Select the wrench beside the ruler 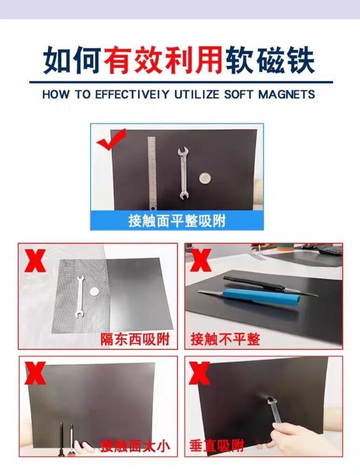pos(183,173)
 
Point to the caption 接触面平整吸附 pos(177,221)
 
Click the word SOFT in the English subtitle pos(238,94)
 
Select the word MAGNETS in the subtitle pos(287,94)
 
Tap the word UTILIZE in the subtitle pos(197,94)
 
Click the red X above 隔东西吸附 pos(35,260)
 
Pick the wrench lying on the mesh pos(79,298)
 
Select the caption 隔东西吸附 pos(135,339)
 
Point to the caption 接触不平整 pos(225,339)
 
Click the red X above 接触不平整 pos(201,260)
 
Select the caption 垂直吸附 pos(217,446)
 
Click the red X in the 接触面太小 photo pos(35,373)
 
